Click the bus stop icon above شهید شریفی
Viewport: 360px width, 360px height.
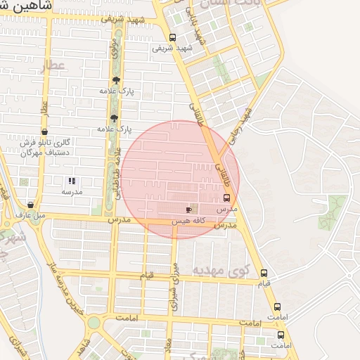[x=173, y=38]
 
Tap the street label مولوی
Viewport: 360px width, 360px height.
[x=114, y=47]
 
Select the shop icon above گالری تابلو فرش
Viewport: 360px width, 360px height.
[x=44, y=131]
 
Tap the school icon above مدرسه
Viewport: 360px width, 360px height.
[x=72, y=181]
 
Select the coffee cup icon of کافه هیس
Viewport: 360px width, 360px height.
[x=188, y=210]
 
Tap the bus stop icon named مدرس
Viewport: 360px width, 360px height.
[x=226, y=198]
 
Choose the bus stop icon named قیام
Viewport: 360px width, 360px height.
[x=264, y=273]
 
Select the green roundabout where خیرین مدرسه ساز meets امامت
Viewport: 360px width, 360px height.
[x=94, y=323]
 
